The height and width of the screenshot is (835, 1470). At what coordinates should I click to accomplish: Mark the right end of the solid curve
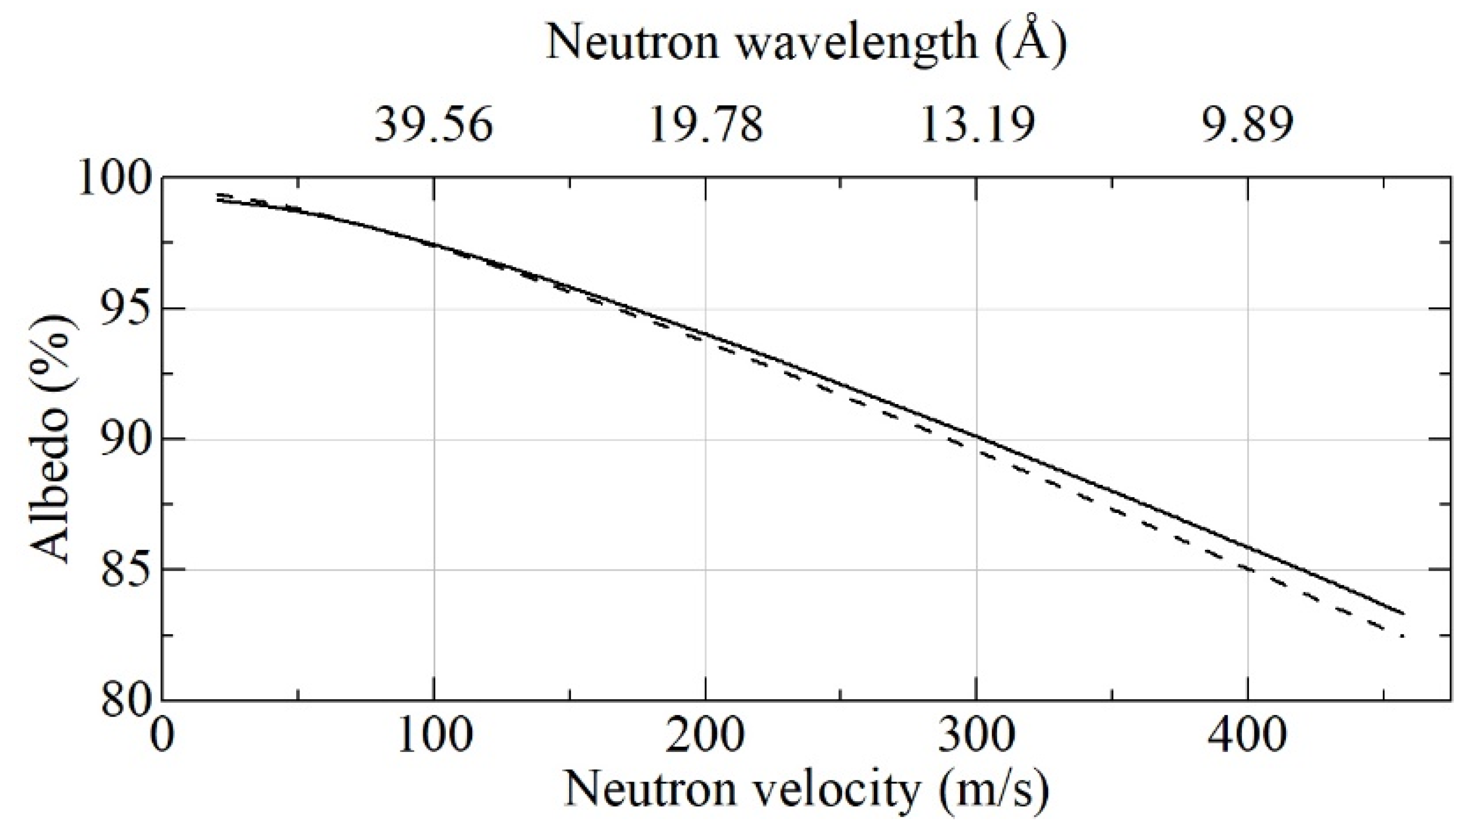pyautogui.click(x=1403, y=613)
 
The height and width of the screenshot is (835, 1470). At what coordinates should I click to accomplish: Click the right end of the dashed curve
pyautogui.click(x=1403, y=636)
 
